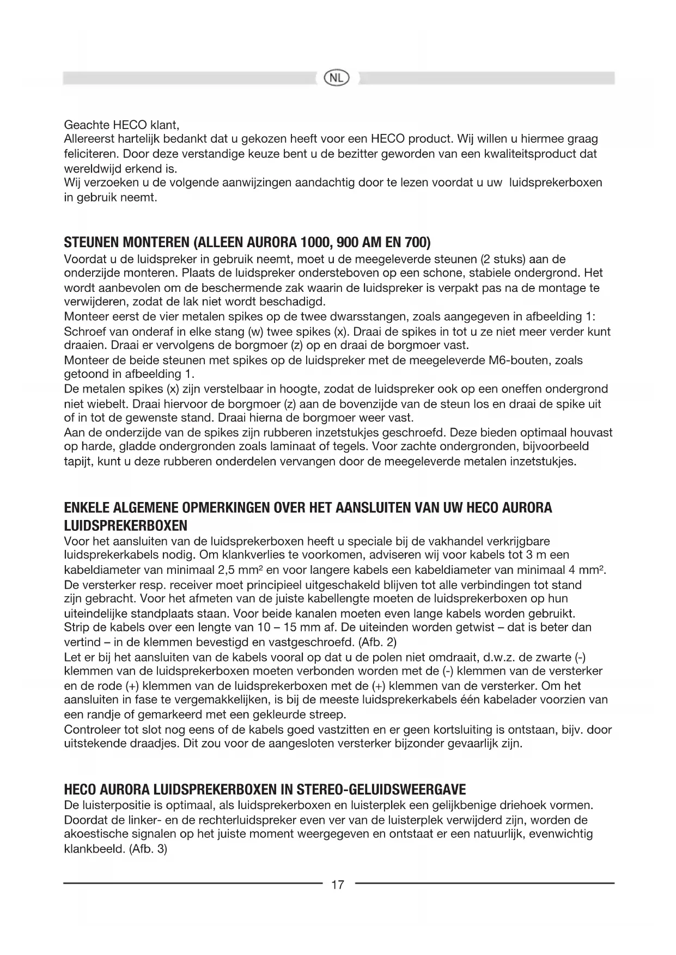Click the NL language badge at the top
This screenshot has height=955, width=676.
pyautogui.click(x=337, y=78)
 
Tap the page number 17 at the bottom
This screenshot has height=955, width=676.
pyautogui.click(x=338, y=885)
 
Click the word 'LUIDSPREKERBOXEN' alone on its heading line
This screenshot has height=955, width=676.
pyautogui.click(x=126, y=526)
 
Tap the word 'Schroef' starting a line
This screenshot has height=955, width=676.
pyautogui.click(x=83, y=332)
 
